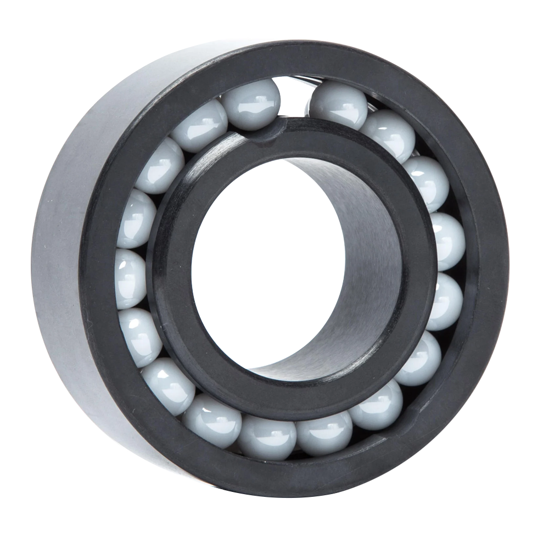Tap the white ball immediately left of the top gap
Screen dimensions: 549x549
pos(251,104)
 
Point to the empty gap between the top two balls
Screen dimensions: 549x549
pos(295,99)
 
